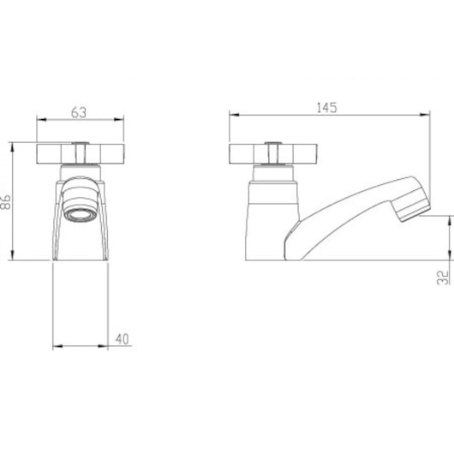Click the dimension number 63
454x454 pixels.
pyautogui.click(x=79, y=112)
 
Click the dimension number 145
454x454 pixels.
pyautogui.click(x=326, y=108)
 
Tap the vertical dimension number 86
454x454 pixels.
pyautogui.click(x=5, y=202)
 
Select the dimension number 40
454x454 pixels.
pyautogui.click(x=122, y=339)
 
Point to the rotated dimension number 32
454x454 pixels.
pyautogui.click(x=443, y=278)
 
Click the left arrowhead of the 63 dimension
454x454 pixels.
pyautogui.click(x=42, y=120)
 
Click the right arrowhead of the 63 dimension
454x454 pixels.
pyautogui.click(x=119, y=120)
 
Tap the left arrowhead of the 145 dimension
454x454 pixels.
pyautogui.click(x=234, y=115)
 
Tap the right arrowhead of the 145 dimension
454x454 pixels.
pyautogui.click(x=425, y=115)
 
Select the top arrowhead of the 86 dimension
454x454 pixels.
pyautogui.click(x=12, y=147)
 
